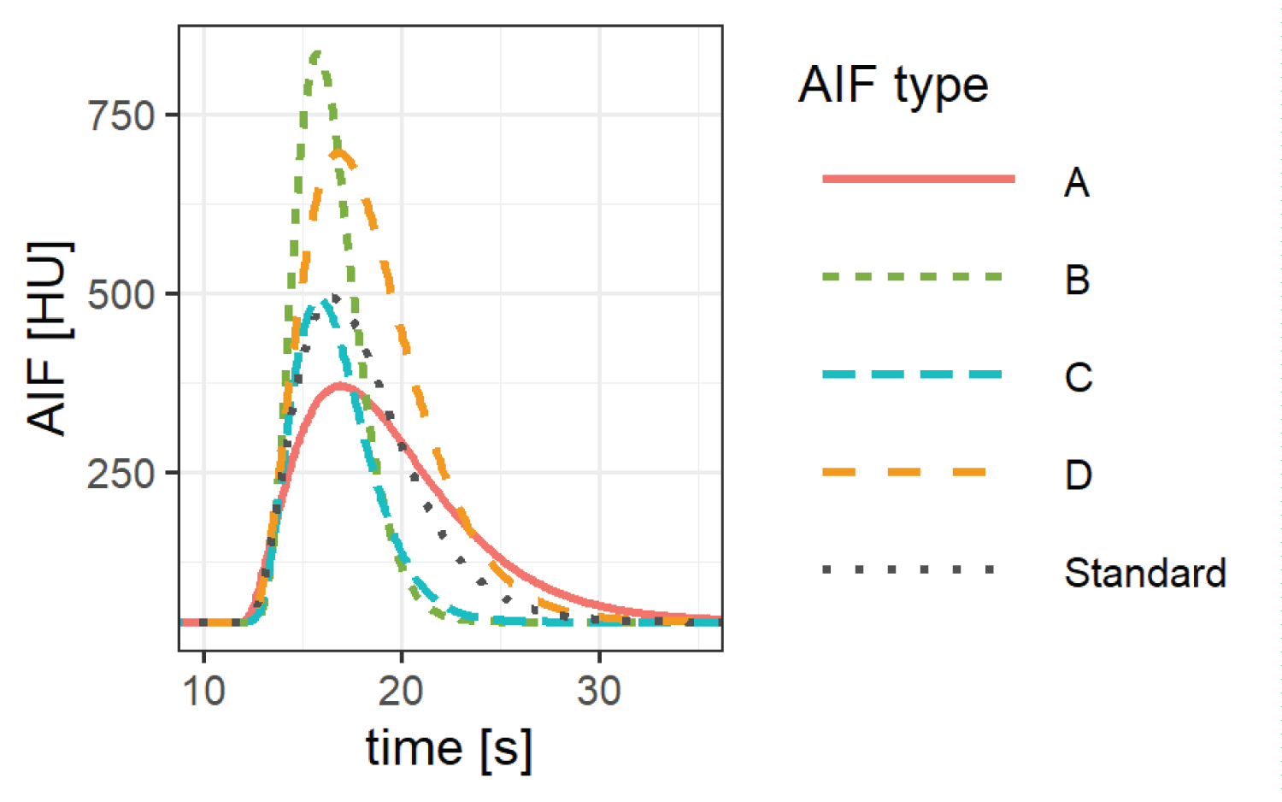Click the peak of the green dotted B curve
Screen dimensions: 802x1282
tap(316, 55)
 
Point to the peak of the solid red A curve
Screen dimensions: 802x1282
tap(339, 386)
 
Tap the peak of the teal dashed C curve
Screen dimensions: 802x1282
tap(323, 302)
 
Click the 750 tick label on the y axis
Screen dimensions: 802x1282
tap(121, 115)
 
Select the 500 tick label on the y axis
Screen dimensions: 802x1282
tap(121, 295)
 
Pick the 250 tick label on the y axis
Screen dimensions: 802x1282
tap(121, 474)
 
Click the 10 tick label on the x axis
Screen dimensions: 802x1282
tap(203, 691)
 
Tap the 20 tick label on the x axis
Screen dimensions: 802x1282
tap(401, 691)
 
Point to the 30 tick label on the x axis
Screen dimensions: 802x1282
tap(598, 691)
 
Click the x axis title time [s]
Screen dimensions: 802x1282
tap(449, 749)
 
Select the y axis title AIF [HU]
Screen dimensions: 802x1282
tap(48, 339)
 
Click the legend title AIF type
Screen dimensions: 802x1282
tap(893, 86)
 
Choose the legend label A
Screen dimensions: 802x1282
tap(1076, 182)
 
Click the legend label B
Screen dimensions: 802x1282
tap(1077, 280)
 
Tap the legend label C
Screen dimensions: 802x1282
tap(1078, 377)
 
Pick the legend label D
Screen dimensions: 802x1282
tap(1078, 475)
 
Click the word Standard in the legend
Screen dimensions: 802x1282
tap(1145, 572)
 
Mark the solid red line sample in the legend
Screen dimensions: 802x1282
tap(918, 179)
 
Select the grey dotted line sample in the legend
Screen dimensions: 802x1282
tap(909, 569)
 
